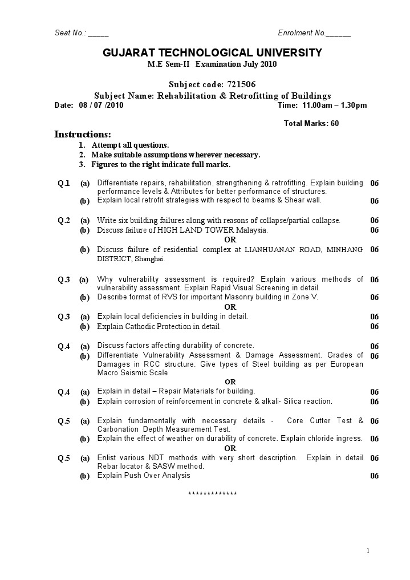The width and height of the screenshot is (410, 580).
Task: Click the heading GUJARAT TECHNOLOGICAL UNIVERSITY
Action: (x=212, y=53)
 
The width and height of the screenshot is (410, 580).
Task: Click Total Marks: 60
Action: (x=311, y=123)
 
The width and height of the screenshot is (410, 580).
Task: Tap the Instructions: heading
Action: (x=82, y=135)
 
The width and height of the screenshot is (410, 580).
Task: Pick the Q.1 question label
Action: (x=63, y=183)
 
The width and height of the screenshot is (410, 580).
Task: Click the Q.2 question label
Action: (x=63, y=220)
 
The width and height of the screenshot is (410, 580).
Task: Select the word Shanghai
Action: (x=150, y=259)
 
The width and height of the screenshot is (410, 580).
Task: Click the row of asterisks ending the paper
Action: (x=212, y=493)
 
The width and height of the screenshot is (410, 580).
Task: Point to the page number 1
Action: (x=368, y=550)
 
